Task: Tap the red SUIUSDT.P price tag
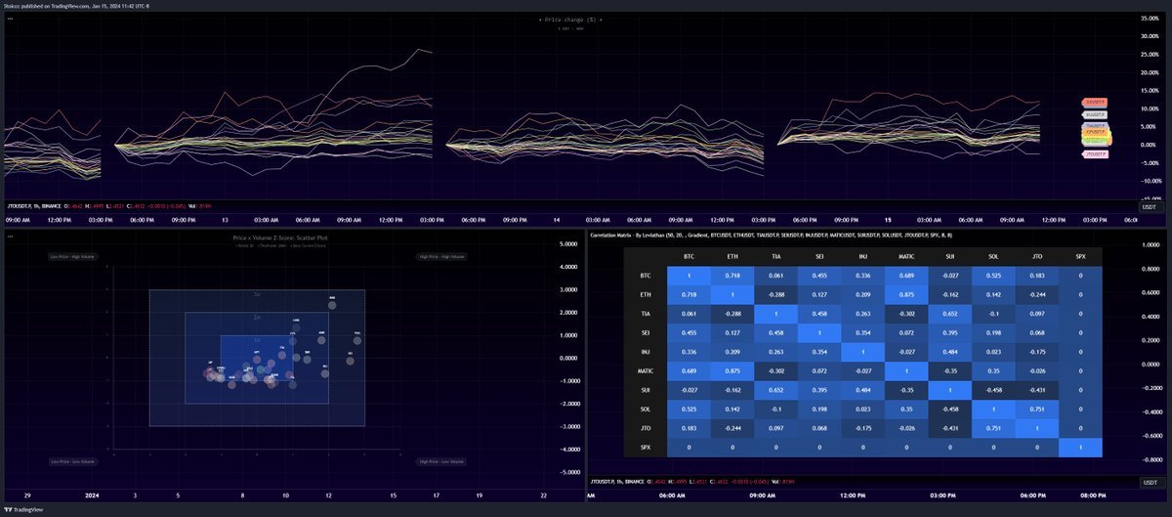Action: coord(1095,102)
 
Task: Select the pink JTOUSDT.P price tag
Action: coord(1095,154)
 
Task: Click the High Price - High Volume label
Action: coord(437,256)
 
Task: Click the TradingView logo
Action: coord(27,510)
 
